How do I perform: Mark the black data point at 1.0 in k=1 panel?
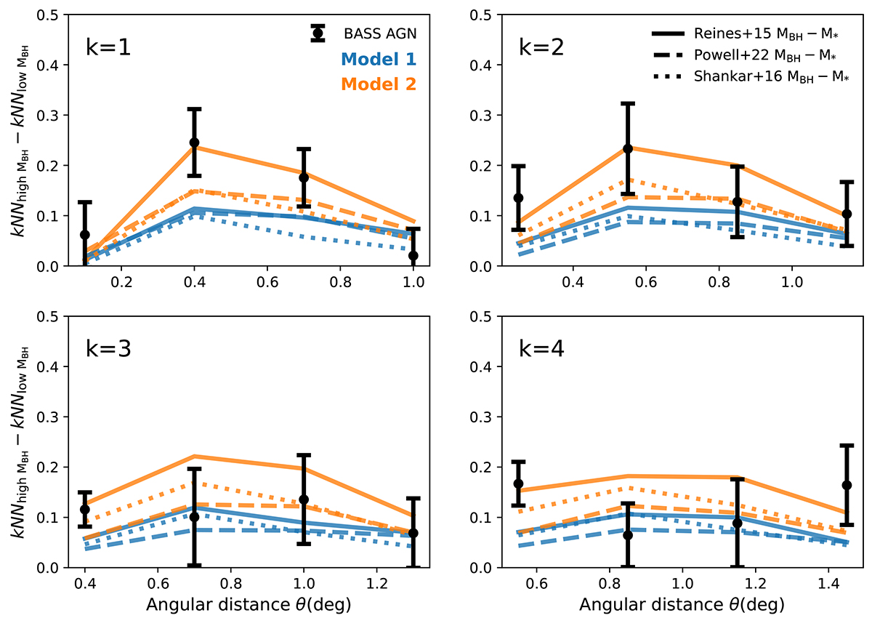(x=413, y=256)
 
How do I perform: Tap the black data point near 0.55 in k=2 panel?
(x=628, y=148)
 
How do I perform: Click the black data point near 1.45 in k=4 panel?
(x=847, y=485)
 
